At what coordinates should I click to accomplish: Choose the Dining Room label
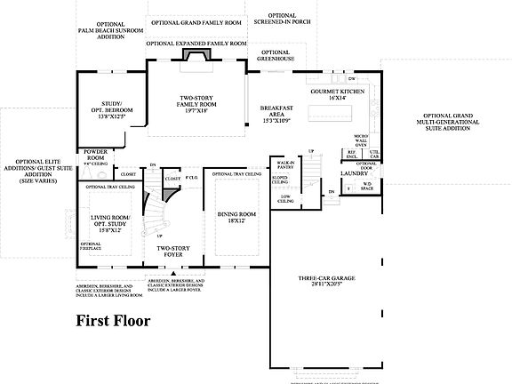pyautogui.click(x=233, y=218)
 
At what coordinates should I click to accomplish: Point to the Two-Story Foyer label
pyautogui.click(x=175, y=252)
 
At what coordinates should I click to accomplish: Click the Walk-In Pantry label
pyautogui.click(x=285, y=165)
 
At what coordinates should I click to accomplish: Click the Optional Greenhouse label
pyautogui.click(x=276, y=55)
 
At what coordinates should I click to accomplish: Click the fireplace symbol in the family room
pyautogui.click(x=194, y=55)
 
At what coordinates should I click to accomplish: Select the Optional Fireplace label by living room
pyautogui.click(x=90, y=245)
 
